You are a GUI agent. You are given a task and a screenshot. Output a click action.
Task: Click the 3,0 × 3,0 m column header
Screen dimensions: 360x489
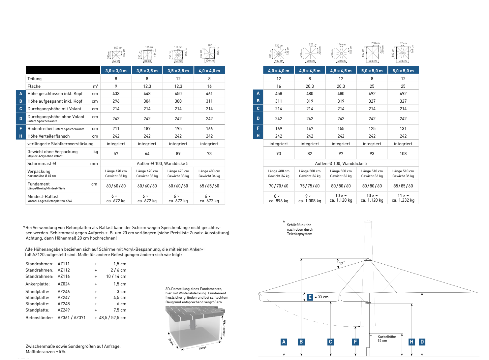[x=116, y=71]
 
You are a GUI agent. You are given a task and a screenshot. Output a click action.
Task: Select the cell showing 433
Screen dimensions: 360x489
[x=116, y=94]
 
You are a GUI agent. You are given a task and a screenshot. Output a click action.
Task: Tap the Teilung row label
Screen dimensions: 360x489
[x=35, y=79]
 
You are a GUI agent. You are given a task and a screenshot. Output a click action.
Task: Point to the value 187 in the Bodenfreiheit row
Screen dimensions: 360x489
[x=147, y=129]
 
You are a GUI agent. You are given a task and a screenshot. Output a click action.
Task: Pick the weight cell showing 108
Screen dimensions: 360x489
[x=403, y=154]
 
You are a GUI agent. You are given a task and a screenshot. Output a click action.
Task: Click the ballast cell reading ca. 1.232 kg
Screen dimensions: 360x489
[x=403, y=200]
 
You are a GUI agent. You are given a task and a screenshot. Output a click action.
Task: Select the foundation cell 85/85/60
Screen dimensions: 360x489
[x=403, y=186]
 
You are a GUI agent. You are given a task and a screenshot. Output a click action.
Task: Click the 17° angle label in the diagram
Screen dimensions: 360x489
[x=342, y=263]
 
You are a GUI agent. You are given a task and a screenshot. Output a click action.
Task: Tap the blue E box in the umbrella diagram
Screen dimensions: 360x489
[x=310, y=297]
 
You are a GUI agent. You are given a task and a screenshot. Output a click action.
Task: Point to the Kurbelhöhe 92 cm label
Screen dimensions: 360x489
[x=386, y=339]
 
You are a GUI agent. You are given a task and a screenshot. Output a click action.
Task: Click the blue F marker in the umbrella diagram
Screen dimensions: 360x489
[x=355, y=342]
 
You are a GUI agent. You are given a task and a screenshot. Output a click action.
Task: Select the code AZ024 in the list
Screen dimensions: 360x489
[x=64, y=284]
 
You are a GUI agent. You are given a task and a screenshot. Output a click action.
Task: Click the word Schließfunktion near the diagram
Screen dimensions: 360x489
[x=299, y=225]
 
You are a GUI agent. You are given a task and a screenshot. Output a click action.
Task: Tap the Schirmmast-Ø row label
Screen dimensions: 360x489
[x=42, y=164]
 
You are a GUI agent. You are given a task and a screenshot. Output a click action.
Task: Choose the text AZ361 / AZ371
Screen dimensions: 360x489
[x=72, y=318]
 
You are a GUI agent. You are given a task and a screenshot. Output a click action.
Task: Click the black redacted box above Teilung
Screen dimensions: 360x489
[x=63, y=70]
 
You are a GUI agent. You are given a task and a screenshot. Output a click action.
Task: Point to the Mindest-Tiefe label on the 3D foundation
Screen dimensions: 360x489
[x=224, y=328]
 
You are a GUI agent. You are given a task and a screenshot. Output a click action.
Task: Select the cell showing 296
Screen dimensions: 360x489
[x=116, y=101]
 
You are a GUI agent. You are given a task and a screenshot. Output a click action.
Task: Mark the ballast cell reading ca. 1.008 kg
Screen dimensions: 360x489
[x=310, y=201]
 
